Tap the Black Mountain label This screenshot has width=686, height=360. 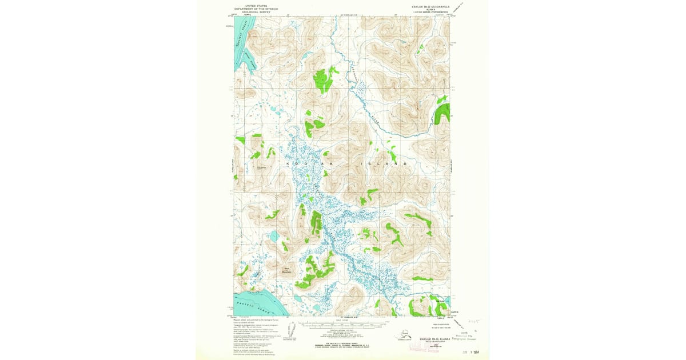288,269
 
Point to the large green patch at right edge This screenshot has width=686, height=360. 441,113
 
